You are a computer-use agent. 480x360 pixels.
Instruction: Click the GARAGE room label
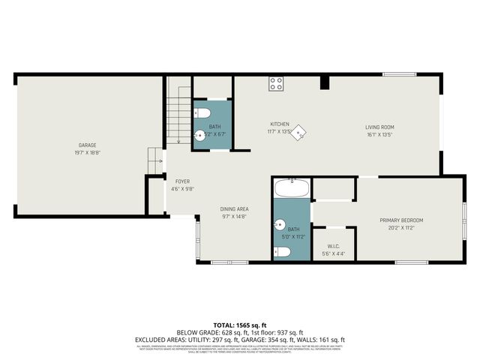(88, 145)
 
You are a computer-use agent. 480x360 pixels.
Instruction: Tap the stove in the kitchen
(276, 83)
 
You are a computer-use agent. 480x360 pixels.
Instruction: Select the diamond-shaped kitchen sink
(298, 133)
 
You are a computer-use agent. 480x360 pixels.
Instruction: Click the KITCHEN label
(280, 124)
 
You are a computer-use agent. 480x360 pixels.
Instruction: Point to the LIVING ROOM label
(379, 127)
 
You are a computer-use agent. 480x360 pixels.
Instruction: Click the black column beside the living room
(324, 82)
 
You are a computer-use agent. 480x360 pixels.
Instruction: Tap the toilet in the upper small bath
(201, 112)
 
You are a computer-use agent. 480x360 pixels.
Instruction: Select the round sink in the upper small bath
(199, 136)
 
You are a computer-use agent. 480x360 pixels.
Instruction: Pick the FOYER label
(182, 181)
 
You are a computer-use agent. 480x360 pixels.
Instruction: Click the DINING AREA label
(234, 208)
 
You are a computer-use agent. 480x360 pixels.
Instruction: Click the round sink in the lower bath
(280, 224)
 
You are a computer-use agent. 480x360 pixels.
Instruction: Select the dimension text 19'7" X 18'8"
(88, 152)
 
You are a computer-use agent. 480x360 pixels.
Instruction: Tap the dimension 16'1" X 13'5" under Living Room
(379, 136)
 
